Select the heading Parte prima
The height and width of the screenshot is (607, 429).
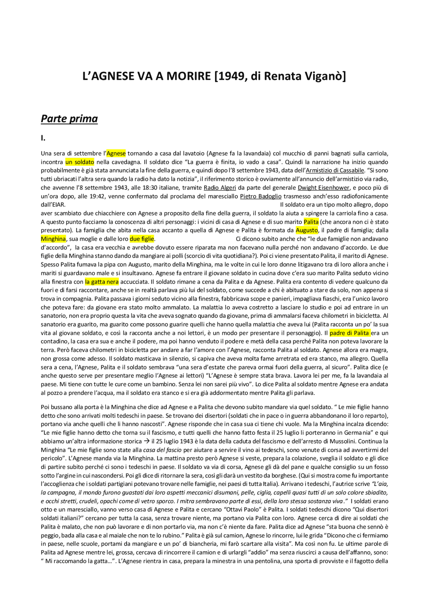tap(69, 119)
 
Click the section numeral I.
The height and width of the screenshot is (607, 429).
tap(43, 138)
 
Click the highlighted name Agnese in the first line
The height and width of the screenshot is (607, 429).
tap(116, 154)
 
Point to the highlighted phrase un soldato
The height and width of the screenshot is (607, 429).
tap(80, 162)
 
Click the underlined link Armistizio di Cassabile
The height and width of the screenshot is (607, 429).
tap(335, 171)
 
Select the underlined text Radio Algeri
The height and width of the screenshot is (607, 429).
tap(220, 188)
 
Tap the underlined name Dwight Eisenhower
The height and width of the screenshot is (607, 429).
tap(324, 188)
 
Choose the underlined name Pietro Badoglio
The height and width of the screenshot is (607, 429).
tap(261, 196)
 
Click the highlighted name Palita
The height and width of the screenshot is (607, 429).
tap(311, 222)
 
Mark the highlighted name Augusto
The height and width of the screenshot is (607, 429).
tap(307, 230)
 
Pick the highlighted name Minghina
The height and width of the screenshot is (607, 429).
tap(53, 239)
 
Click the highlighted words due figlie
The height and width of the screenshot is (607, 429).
tap(142, 239)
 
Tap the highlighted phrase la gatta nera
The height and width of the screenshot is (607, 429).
tap(102, 282)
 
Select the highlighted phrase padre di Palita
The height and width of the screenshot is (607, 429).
tap(350, 333)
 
